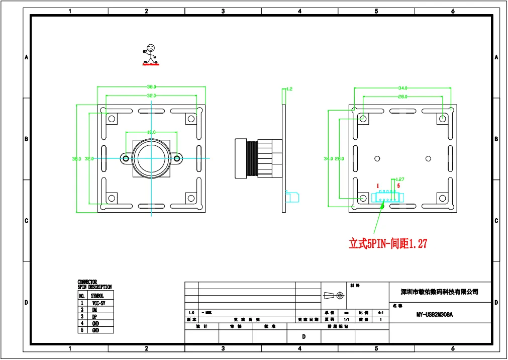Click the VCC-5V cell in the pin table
click(x=98, y=304)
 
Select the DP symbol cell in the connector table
click(x=95, y=317)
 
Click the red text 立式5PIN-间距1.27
click(x=388, y=244)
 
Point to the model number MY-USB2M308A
click(x=435, y=315)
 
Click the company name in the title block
click(x=439, y=292)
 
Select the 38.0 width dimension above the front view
click(x=151, y=86)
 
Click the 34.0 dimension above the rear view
click(x=402, y=88)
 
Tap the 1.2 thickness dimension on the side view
click(x=289, y=89)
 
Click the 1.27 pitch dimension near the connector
click(x=400, y=178)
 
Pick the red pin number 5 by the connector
click(x=398, y=186)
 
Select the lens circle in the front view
click(x=151, y=158)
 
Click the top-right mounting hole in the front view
click(x=191, y=119)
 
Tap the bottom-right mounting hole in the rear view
click(x=443, y=198)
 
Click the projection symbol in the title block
click(x=334, y=295)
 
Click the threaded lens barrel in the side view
click(x=250, y=158)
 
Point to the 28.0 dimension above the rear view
click(x=402, y=96)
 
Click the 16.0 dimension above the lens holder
click(x=151, y=132)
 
